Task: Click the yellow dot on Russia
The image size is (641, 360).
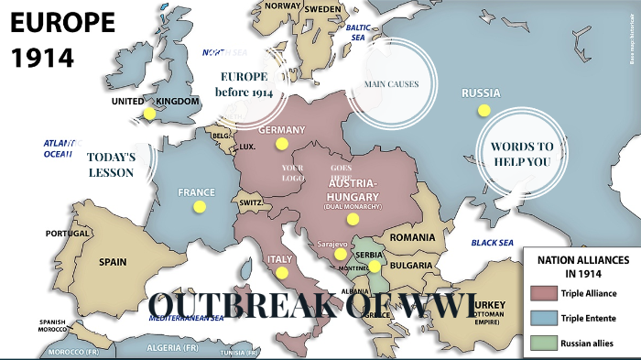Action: click(x=484, y=110)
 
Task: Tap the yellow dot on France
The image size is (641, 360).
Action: click(x=200, y=207)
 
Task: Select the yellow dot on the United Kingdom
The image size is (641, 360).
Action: click(x=148, y=114)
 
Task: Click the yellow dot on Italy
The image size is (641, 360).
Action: click(x=281, y=272)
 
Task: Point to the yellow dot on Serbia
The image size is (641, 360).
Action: click(x=374, y=266)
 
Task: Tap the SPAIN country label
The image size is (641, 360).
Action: click(x=113, y=262)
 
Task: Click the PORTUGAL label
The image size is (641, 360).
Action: click(x=68, y=234)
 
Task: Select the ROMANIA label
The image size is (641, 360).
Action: click(x=412, y=237)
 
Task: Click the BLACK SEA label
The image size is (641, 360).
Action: click(x=493, y=243)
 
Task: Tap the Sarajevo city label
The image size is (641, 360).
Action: click(x=332, y=245)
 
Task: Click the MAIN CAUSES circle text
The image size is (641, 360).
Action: click(x=391, y=84)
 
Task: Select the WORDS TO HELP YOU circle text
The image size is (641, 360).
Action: click(x=521, y=154)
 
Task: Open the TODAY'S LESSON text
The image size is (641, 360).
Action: click(x=112, y=165)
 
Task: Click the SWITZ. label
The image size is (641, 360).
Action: click(x=250, y=202)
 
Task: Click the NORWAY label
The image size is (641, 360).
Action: click(x=282, y=6)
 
